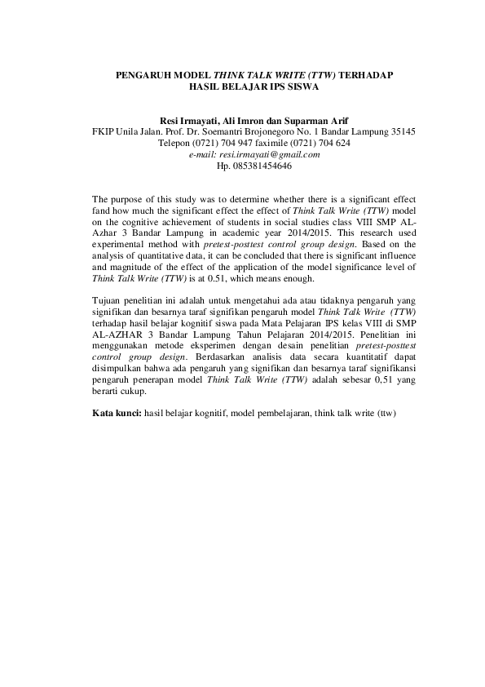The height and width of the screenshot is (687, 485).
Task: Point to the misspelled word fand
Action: [101, 210]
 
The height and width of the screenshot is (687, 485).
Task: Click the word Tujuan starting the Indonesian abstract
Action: [108, 312]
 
